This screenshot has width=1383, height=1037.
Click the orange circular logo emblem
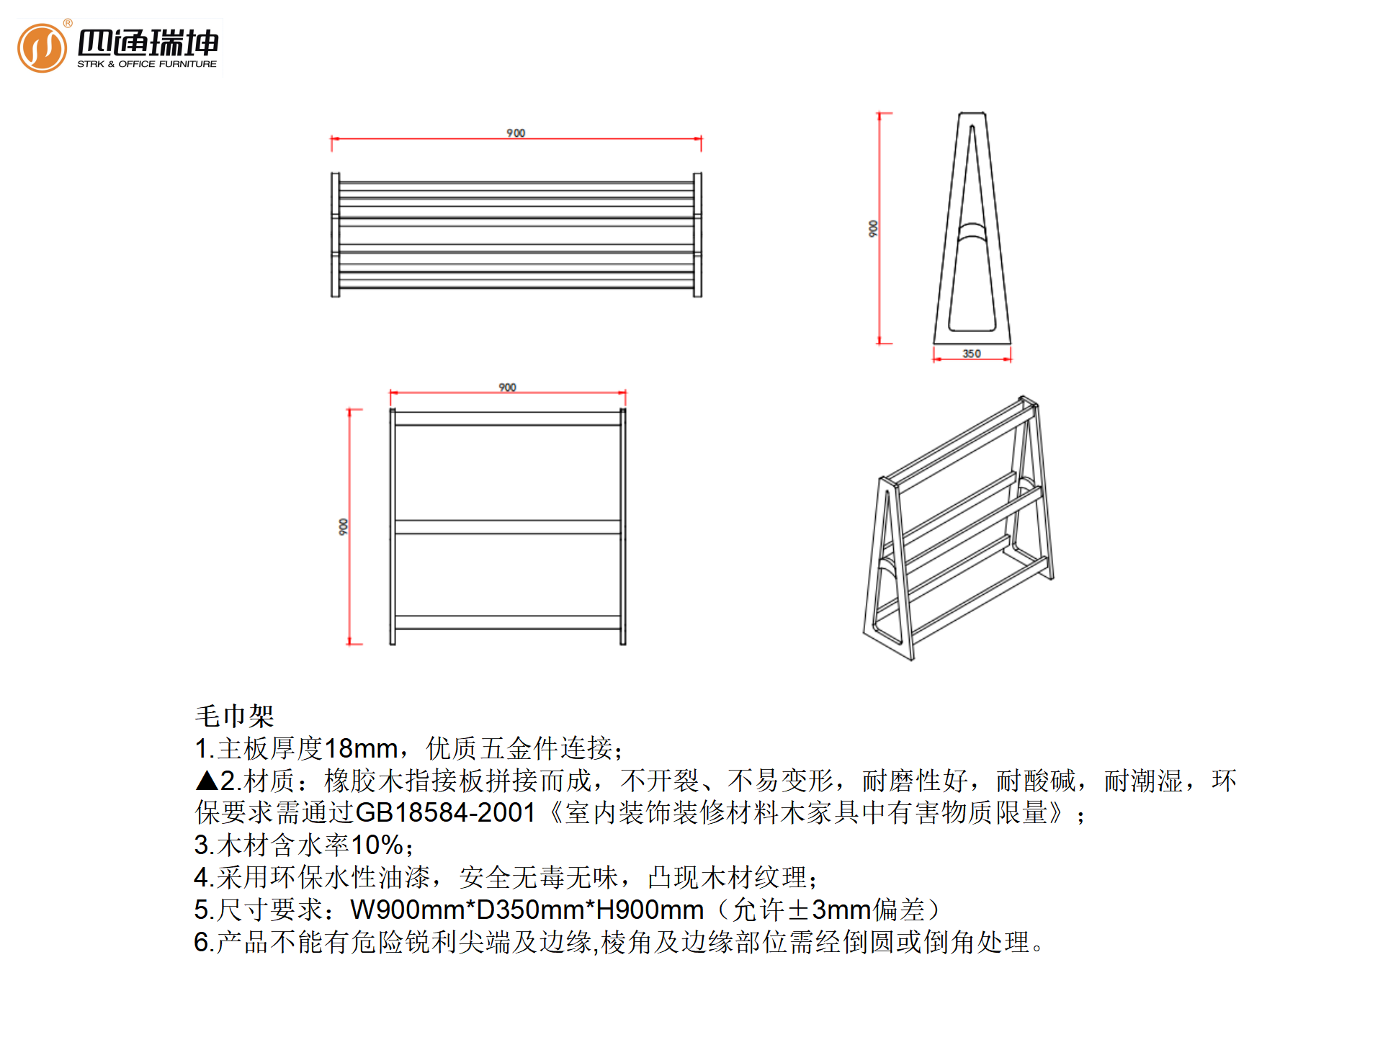(x=42, y=48)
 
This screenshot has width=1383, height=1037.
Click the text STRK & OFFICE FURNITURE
(x=147, y=64)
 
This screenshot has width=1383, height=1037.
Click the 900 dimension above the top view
(x=516, y=133)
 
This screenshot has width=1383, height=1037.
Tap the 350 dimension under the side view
(x=972, y=354)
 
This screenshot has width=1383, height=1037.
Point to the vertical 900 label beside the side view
(x=873, y=229)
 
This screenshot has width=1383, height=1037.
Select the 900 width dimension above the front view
(x=507, y=387)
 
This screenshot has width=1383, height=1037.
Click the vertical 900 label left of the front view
(x=344, y=526)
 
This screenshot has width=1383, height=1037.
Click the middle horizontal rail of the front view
(x=507, y=527)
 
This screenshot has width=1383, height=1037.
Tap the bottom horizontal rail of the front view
(x=507, y=622)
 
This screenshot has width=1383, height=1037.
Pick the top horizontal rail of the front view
(x=507, y=418)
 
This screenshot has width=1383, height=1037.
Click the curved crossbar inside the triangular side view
(x=972, y=230)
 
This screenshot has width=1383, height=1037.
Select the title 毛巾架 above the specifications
(x=234, y=716)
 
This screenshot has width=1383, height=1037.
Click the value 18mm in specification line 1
(x=361, y=749)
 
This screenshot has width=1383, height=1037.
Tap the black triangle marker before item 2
(x=207, y=781)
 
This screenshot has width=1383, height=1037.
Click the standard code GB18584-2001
(x=445, y=813)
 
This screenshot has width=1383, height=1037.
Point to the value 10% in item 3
(x=377, y=845)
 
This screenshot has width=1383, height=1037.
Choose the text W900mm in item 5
(x=408, y=910)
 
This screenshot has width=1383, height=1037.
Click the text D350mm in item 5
(x=530, y=910)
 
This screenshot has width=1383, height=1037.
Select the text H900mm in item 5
(x=650, y=910)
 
